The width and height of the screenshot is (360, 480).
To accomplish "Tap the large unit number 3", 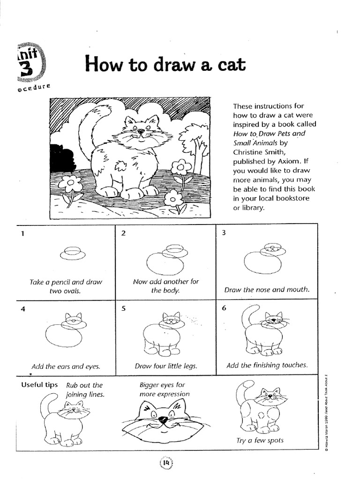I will click(26, 68).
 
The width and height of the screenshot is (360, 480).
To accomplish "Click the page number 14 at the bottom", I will click(166, 463).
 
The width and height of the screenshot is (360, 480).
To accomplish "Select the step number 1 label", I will click(22, 234).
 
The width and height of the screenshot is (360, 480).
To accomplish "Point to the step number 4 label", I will click(22, 309).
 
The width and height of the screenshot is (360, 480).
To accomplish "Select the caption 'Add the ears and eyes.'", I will click(66, 367).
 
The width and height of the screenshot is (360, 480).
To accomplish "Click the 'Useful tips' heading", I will click(39, 385).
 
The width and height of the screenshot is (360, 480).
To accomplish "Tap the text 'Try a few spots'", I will click(260, 440).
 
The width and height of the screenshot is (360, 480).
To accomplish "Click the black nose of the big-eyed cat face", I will click(163, 420).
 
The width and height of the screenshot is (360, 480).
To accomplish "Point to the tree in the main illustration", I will click(195, 141).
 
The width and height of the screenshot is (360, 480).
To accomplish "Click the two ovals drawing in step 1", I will click(72, 253).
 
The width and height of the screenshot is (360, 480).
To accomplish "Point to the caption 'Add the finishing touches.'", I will click(267, 365).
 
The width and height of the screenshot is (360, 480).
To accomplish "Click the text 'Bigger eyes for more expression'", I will click(164, 390).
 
